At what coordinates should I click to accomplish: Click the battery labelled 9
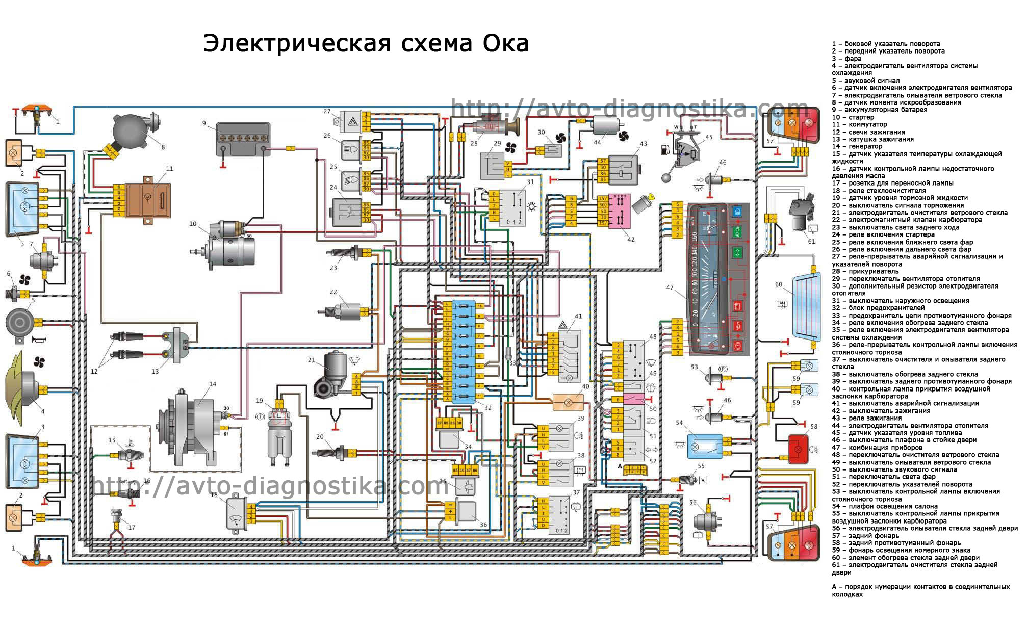[x=243, y=139]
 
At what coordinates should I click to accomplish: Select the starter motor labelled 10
[x=229, y=250]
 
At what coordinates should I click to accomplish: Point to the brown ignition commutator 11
[x=148, y=200]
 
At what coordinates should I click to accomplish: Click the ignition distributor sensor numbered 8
[x=134, y=130]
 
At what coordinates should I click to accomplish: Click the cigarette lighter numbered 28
[x=497, y=126]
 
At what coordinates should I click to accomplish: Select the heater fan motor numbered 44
[x=605, y=125]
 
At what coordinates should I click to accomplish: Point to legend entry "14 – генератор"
[x=857, y=146]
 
